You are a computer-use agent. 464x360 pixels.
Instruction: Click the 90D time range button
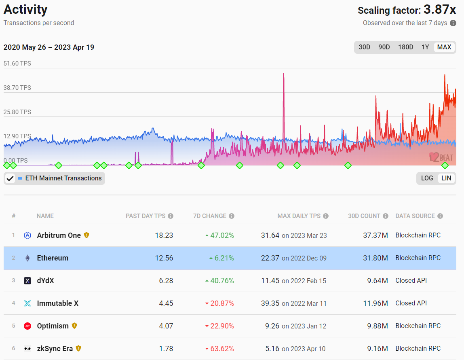(384, 47)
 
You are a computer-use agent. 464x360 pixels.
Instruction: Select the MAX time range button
(444, 47)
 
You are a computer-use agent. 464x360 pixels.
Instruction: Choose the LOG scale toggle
(427, 178)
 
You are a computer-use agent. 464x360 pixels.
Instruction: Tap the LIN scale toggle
(446, 178)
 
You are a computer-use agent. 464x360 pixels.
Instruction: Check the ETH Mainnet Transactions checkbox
(10, 178)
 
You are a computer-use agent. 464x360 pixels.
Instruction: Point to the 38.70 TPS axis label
(17, 88)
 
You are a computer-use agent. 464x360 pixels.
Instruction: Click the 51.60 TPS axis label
(17, 64)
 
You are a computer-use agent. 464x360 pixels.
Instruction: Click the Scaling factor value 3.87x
(439, 10)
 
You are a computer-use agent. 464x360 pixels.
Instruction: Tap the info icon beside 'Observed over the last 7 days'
(453, 23)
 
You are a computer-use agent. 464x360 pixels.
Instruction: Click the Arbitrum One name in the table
(59, 235)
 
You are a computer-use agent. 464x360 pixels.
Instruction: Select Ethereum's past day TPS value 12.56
(164, 258)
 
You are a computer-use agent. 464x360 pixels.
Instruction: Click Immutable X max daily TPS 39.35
(270, 303)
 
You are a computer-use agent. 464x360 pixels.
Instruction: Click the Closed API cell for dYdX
(411, 281)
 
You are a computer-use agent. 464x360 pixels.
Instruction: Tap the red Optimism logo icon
(27, 326)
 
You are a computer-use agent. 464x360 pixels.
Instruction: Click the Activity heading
(25, 9)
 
